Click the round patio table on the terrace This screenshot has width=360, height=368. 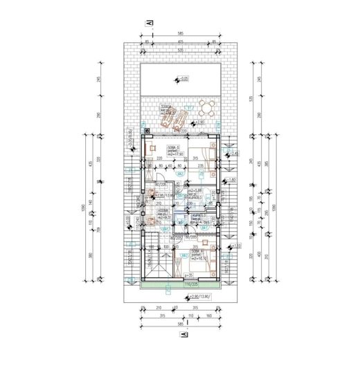(204, 107)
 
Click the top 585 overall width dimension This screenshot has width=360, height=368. (179, 33)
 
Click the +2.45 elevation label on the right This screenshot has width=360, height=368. (233, 154)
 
